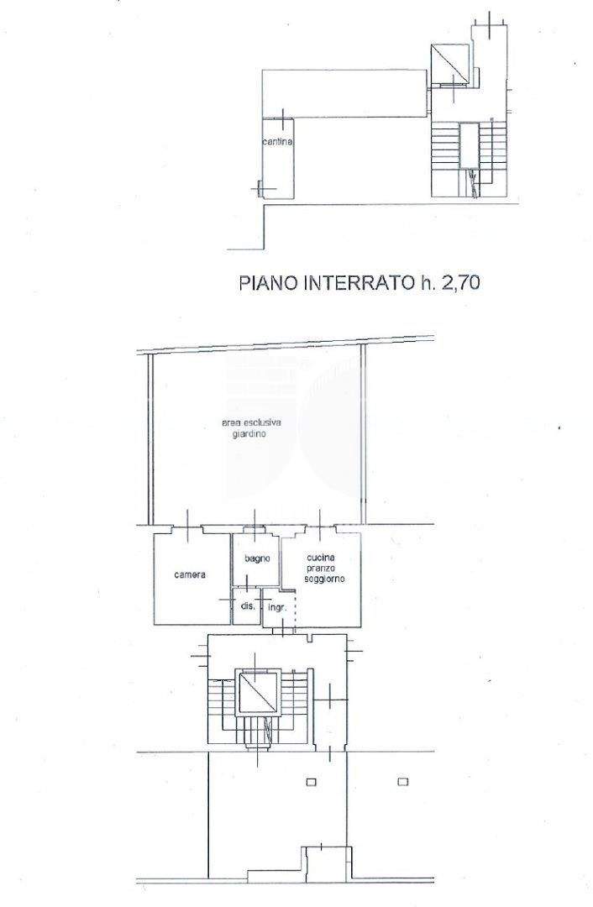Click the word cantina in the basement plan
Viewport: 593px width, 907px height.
pos(277,143)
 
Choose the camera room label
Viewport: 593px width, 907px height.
pos(191,575)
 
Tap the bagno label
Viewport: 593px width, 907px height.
pos(256,559)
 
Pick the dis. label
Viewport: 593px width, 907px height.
pos(248,606)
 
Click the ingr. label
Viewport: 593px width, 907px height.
pos(277,606)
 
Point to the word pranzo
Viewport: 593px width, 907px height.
pos(322,569)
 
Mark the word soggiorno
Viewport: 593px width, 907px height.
pos(322,580)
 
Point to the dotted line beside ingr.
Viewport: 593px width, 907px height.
pos(295,611)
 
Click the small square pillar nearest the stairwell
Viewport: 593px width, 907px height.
pos(311,783)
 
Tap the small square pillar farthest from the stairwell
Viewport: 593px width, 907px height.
pos(403,783)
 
